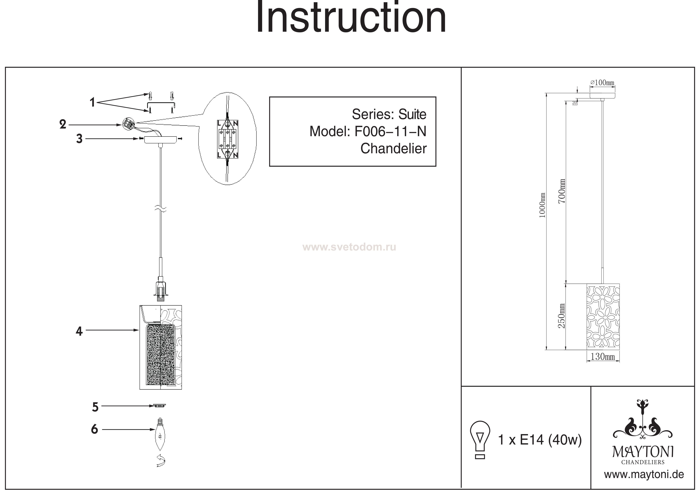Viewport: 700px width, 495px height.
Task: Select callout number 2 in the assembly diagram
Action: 63,124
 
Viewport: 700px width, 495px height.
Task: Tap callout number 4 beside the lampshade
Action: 79,331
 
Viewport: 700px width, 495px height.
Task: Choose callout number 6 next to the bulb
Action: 95,429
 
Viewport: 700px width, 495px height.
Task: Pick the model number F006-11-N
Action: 390,132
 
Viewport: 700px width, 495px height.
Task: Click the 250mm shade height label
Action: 562,316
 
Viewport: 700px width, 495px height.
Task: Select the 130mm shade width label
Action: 603,356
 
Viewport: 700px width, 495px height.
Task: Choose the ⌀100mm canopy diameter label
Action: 602,83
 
